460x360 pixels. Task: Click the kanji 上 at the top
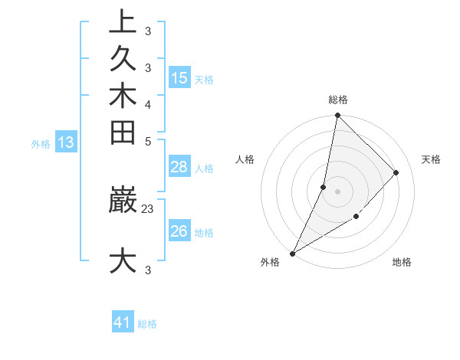click(123, 22)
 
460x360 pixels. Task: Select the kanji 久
click(123, 59)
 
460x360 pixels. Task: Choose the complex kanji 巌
click(123, 200)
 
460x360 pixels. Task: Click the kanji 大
click(123, 260)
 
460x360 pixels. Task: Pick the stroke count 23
click(149, 207)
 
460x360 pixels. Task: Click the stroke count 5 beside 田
click(148, 141)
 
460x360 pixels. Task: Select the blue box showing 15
click(179, 78)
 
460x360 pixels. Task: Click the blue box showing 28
click(179, 167)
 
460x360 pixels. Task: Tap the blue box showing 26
click(179, 231)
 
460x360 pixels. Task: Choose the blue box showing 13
click(66, 142)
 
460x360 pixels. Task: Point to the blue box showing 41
click(123, 322)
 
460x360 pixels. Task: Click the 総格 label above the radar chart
click(338, 100)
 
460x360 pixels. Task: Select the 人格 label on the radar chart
click(245, 159)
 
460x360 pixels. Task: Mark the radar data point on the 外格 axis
click(293, 254)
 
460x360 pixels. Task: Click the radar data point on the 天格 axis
click(396, 172)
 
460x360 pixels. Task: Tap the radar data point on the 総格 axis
click(338, 115)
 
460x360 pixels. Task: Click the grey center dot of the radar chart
click(338, 191)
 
